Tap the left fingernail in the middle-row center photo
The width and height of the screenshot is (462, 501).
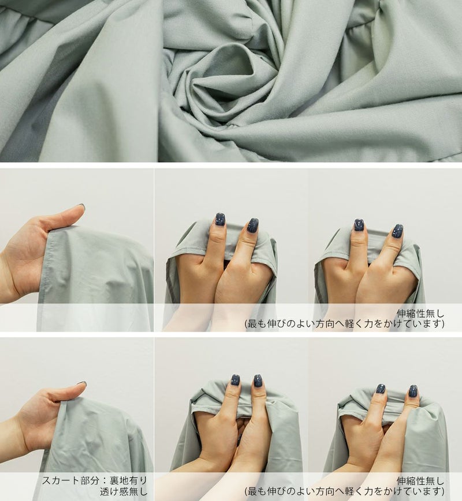pos(220,220)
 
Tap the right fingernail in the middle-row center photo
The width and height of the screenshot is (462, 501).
pos(252,225)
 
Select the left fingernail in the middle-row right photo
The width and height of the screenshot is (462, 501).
pos(359,225)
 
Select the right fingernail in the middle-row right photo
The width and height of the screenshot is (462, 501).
pos(398,231)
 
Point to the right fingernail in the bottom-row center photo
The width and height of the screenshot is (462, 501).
pos(258,381)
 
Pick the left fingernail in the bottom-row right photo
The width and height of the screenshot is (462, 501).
pos(381,389)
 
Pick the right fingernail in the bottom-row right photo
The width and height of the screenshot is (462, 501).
pos(413,391)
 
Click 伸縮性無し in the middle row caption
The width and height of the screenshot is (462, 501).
pos(420,314)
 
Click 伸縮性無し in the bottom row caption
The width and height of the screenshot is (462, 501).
pos(420,481)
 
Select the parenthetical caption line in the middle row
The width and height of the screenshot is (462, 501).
pos(345,323)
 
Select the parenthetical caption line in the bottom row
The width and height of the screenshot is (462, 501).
pos(345,491)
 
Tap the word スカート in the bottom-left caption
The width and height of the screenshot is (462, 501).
pos(60,481)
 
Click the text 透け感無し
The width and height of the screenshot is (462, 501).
pos(124,491)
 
